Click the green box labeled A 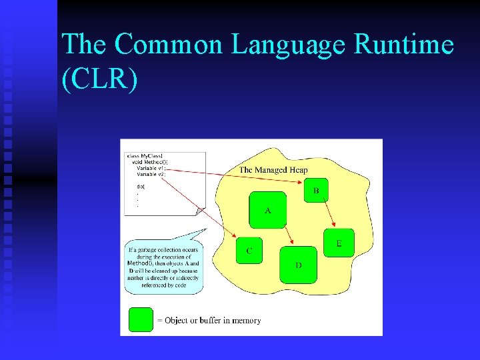(x=267, y=210)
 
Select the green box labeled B (x=316, y=191)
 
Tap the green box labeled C (x=249, y=251)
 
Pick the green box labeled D (x=298, y=265)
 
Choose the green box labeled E (x=339, y=243)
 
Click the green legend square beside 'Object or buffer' (x=141, y=320)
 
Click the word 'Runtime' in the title (x=404, y=45)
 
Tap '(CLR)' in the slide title (x=100, y=79)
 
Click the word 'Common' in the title (x=170, y=45)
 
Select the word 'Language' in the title (x=289, y=45)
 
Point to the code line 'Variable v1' (x=150, y=169)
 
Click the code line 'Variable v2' (x=150, y=175)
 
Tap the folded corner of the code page (x=200, y=211)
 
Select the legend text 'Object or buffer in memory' (x=209, y=321)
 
